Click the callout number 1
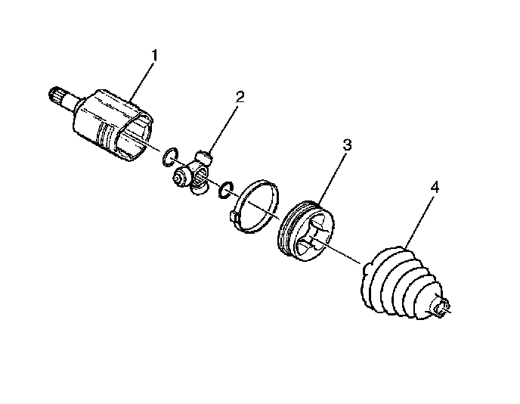[154, 55]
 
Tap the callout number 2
[240, 97]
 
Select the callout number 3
[347, 145]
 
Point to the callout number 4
[435, 188]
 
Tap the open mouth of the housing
[135, 137]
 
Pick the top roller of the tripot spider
[204, 157]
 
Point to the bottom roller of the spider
[200, 190]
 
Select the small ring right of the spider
[227, 190]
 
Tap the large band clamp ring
[254, 206]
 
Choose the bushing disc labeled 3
[306, 231]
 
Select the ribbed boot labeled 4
[403, 284]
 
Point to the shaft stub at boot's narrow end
[441, 306]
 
